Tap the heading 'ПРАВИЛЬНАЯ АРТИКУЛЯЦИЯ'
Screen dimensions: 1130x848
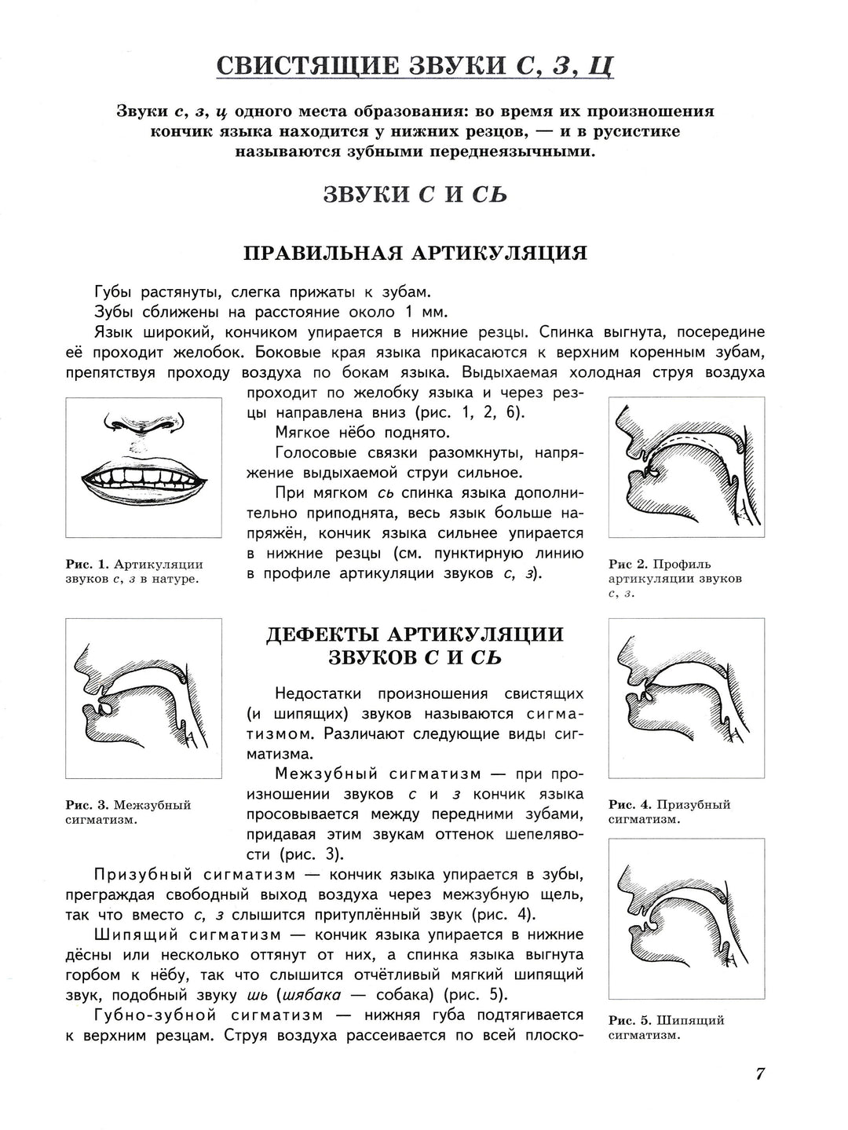(415, 253)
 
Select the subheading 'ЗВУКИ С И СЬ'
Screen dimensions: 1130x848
(415, 194)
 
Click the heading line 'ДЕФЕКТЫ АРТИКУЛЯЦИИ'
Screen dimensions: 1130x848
(415, 634)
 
